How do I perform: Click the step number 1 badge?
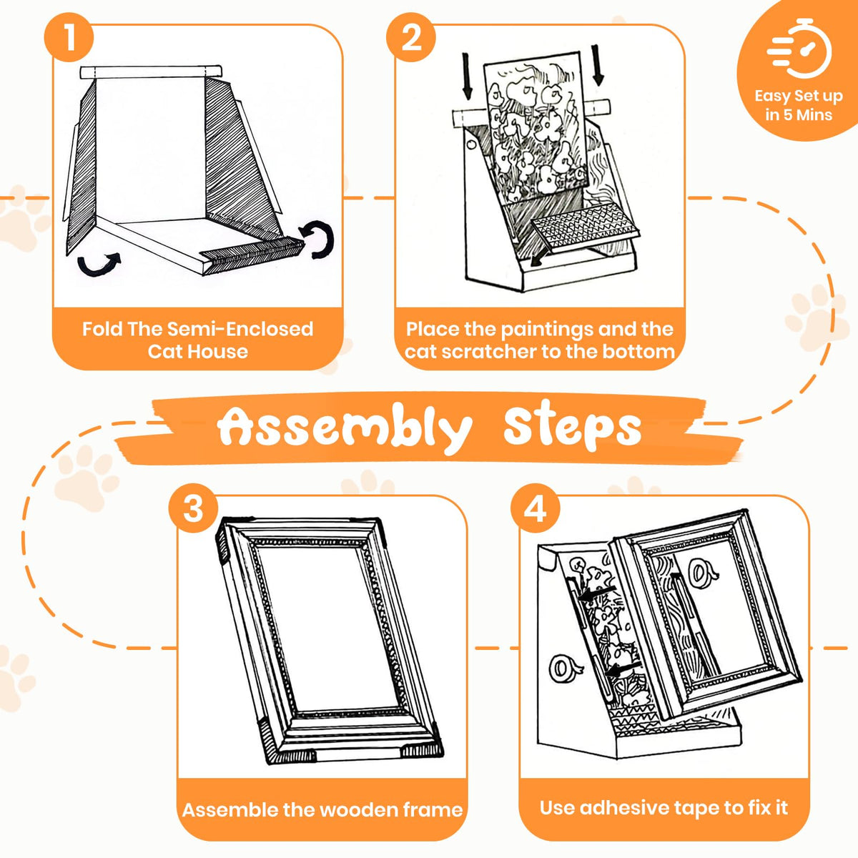pos(69,37)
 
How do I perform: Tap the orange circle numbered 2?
pos(411,37)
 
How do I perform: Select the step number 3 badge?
pos(193,508)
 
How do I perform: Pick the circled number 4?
pos(536,508)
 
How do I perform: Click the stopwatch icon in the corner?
pos(799,49)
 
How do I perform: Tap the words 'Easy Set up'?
pos(799,96)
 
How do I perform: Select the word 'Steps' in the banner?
pos(572,425)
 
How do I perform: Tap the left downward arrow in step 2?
pos(467,77)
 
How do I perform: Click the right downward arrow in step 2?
pos(598,65)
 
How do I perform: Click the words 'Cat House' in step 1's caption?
pos(197,352)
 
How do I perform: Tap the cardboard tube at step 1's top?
pos(151,72)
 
